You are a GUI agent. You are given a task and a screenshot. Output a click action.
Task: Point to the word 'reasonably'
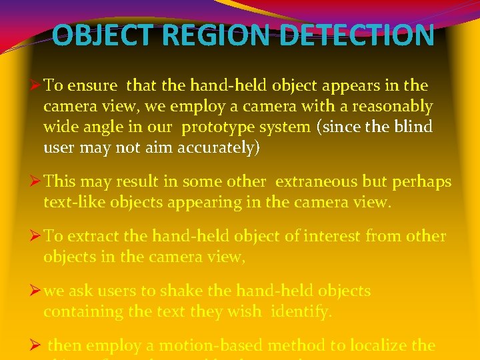click(x=394, y=106)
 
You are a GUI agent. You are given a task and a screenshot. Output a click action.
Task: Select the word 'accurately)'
click(x=218, y=147)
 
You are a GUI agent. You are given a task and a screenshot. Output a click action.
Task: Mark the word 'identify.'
click(x=301, y=311)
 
